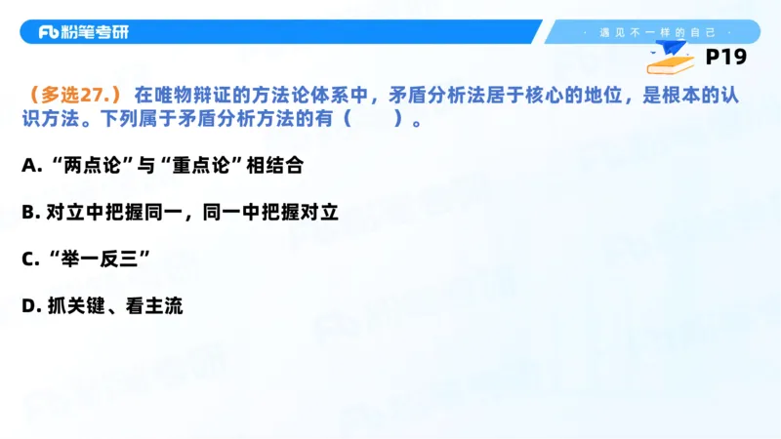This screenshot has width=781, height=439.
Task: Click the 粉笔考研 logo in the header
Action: [83, 31]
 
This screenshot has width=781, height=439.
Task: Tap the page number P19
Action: [725, 58]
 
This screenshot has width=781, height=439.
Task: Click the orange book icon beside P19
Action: [672, 60]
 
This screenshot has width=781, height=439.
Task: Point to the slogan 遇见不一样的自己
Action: [655, 32]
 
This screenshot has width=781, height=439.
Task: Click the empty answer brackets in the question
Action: [373, 122]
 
